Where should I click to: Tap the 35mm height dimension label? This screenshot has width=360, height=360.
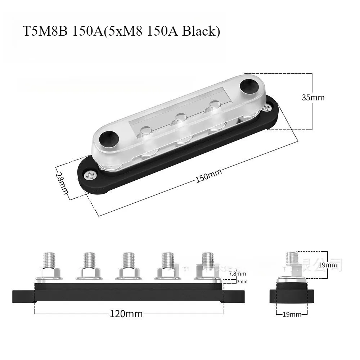click(313, 98)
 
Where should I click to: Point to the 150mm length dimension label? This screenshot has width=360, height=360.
click(208, 175)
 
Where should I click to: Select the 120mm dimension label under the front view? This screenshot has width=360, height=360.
click(126, 314)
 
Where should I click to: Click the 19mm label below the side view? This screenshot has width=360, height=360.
click(292, 314)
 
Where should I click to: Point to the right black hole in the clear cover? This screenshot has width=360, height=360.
click(248, 85)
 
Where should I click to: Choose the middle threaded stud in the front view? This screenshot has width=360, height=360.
click(128, 260)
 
